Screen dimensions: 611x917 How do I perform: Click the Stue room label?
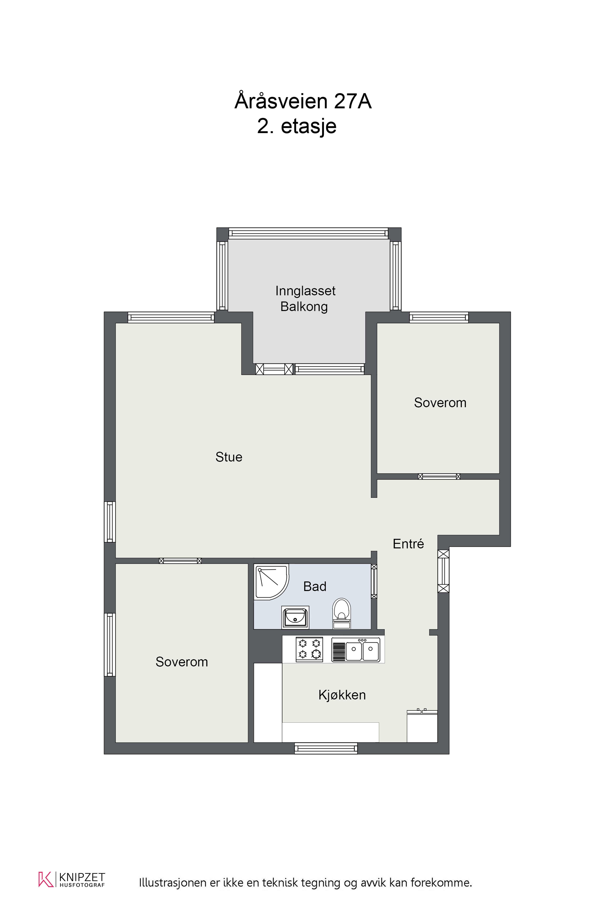coord(229,457)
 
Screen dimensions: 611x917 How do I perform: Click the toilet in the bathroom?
coord(341,613)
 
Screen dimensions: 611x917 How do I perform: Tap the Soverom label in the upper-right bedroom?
coord(440,403)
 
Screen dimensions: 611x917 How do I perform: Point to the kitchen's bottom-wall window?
coord(326,749)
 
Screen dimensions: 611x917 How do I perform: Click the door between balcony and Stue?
coord(274,369)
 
